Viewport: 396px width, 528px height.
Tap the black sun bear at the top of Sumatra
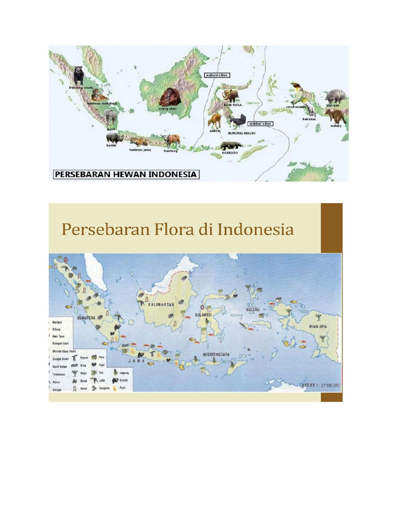(x=78, y=75)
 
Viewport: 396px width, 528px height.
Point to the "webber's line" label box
(x=260, y=124)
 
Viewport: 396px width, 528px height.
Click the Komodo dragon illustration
(x=230, y=146)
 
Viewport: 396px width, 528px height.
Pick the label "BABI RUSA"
(x=232, y=105)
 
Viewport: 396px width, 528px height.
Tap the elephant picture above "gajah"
(x=109, y=117)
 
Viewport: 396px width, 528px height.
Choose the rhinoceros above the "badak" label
(x=113, y=138)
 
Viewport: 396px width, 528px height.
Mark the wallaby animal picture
(x=335, y=115)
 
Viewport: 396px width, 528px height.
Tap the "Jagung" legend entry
(x=124, y=371)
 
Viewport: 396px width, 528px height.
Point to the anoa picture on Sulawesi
(x=214, y=121)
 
